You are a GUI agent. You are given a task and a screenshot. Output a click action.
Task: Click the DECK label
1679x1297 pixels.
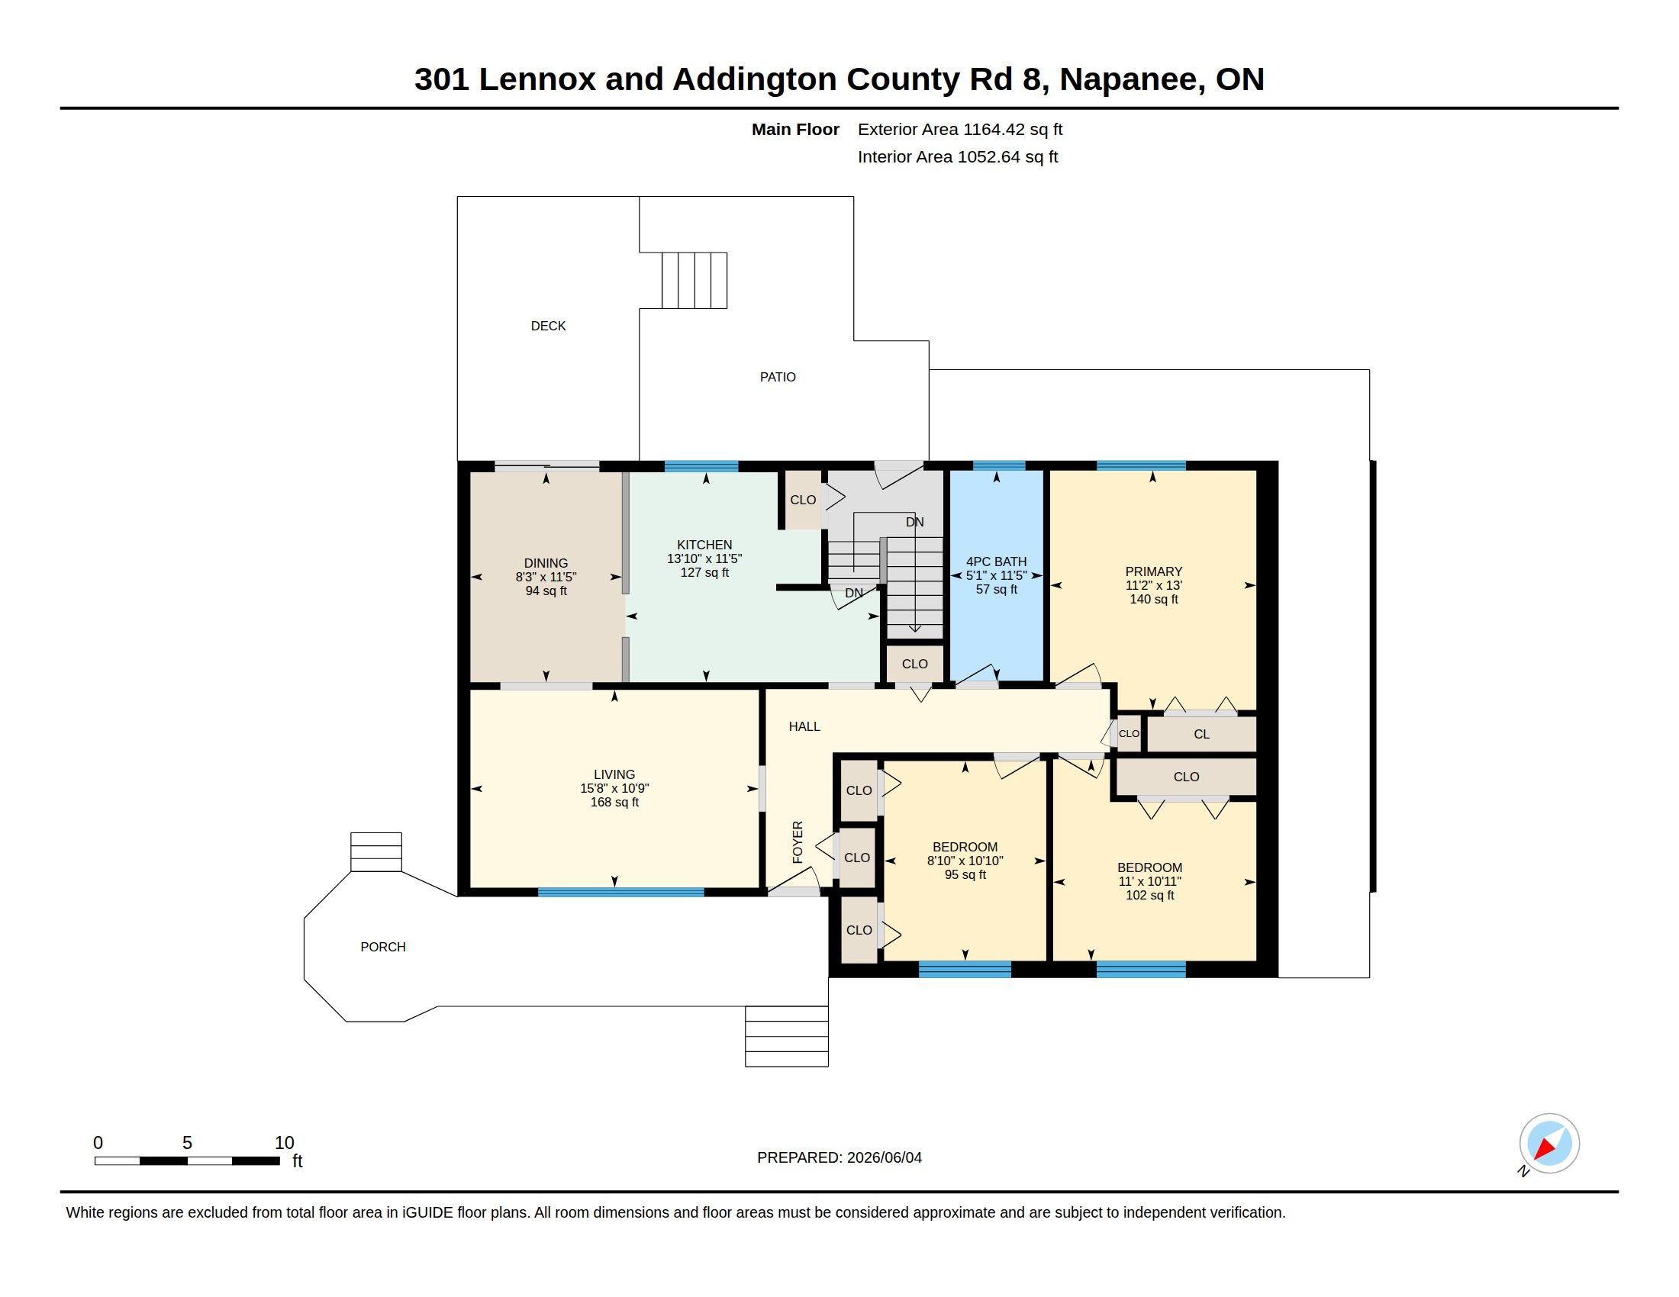click(548, 326)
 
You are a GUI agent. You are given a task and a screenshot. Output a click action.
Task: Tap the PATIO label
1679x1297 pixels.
click(777, 376)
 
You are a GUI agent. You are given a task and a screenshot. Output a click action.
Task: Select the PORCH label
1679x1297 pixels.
click(383, 947)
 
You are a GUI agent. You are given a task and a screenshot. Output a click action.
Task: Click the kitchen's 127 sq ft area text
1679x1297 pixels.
click(704, 572)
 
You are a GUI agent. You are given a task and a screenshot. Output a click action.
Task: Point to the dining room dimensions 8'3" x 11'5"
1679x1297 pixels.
click(546, 577)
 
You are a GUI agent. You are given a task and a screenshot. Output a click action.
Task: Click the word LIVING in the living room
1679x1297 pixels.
click(614, 774)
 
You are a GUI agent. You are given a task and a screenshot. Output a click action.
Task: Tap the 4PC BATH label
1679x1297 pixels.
click(996, 562)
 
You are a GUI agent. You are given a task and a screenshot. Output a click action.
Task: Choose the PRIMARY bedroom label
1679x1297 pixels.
click(1153, 571)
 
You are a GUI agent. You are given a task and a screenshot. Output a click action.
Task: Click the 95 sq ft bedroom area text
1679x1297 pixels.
click(965, 874)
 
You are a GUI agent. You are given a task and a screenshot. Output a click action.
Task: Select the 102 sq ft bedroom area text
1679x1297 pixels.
click(1149, 895)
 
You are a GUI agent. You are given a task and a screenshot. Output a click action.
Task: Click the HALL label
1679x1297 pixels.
click(804, 726)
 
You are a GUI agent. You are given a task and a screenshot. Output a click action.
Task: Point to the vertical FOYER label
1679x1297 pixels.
click(798, 842)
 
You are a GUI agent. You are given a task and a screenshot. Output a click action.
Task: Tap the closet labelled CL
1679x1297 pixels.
click(1201, 735)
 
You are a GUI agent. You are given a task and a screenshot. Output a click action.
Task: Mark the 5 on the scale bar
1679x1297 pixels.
click(187, 1143)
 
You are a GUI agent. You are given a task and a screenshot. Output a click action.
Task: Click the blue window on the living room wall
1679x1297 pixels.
click(620, 892)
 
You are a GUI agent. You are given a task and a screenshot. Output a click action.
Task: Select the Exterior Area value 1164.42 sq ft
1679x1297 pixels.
click(1014, 129)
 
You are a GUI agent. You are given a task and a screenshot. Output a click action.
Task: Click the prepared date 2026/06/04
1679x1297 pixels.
click(884, 1157)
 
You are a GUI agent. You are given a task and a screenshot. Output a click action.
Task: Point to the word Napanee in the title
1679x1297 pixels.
click(1133, 79)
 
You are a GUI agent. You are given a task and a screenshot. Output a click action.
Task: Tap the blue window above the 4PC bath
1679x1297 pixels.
click(999, 465)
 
